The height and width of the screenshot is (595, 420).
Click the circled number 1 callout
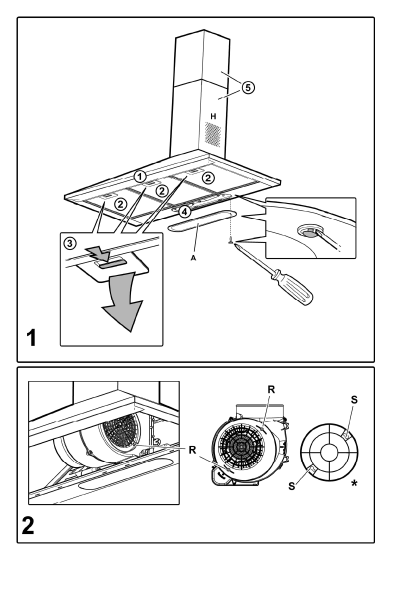(x=141, y=176)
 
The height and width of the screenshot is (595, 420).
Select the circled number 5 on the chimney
(x=247, y=87)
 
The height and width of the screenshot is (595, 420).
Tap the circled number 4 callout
(x=184, y=211)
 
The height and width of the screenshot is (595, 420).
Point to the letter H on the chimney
(x=213, y=116)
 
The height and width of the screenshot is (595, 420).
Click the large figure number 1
(x=31, y=338)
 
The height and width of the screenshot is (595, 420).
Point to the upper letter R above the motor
(x=271, y=388)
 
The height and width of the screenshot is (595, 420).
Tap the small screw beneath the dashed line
(x=229, y=243)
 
